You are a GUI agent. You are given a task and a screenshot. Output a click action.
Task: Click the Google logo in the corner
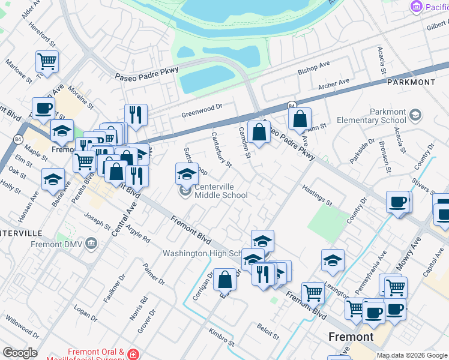[20, 353]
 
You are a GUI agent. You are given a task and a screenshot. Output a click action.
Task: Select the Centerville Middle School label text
[221, 191]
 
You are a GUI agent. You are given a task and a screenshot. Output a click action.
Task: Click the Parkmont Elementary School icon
[415, 115]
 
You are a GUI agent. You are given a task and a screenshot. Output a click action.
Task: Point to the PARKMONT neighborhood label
[411, 82]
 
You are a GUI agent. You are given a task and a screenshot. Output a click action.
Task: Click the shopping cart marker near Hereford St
[47, 61]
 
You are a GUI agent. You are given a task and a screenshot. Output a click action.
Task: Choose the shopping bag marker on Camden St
[259, 132]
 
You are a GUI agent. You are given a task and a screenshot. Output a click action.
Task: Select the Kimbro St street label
[221, 338]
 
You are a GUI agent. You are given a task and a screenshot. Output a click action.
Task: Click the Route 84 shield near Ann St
[291, 106]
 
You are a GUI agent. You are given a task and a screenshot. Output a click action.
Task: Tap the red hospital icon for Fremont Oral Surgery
[133, 355]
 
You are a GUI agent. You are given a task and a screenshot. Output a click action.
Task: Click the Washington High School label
[203, 253]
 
